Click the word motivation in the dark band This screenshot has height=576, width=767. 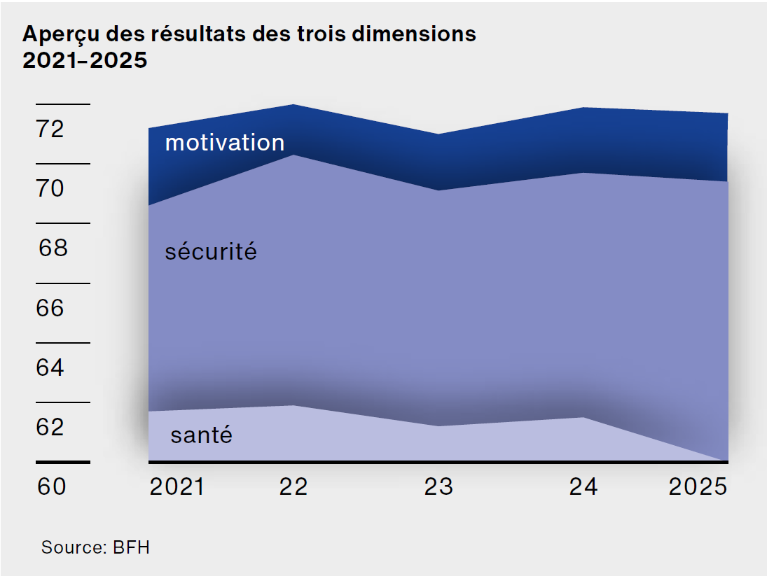[x=225, y=143]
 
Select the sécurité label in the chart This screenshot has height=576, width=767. [x=211, y=251]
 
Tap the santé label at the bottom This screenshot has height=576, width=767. [x=201, y=435]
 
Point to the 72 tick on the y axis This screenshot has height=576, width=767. [x=50, y=129]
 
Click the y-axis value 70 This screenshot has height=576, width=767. [x=50, y=188]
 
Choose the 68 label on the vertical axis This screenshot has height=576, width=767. [x=53, y=248]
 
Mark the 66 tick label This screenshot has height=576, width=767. [x=50, y=308]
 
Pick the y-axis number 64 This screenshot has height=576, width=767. [x=50, y=367]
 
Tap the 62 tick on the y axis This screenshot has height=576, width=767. [x=50, y=427]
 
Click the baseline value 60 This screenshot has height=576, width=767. [x=51, y=486]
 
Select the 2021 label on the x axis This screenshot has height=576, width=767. [x=177, y=486]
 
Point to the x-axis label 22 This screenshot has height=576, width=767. [x=293, y=486]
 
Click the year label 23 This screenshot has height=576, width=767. [x=438, y=486]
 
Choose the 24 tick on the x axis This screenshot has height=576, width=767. [x=583, y=486]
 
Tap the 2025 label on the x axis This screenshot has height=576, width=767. [x=698, y=486]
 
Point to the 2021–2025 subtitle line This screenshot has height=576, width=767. [x=85, y=61]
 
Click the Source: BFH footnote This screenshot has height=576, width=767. [x=95, y=547]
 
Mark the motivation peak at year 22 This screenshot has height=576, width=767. [x=293, y=104]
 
